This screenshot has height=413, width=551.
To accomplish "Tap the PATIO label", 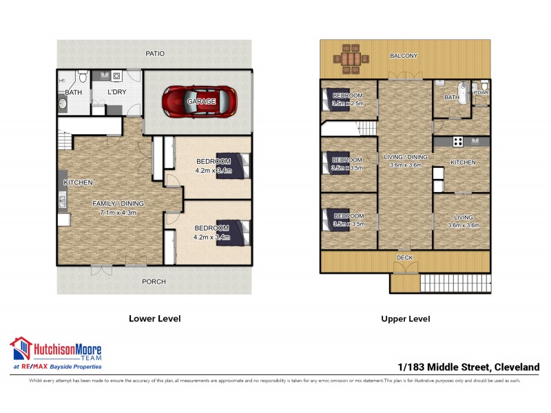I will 155,53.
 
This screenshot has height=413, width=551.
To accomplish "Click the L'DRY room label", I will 115,92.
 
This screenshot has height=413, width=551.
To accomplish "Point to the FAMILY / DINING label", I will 119,203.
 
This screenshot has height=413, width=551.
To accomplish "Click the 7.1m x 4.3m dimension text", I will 119,212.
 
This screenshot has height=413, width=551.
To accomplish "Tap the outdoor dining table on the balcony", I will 350,59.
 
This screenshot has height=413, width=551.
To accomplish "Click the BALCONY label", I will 404,56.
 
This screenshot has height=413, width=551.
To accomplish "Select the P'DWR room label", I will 480,92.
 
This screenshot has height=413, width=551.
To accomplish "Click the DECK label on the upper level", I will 405,258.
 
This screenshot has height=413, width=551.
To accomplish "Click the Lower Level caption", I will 155,319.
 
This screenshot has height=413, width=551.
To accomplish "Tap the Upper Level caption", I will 406,319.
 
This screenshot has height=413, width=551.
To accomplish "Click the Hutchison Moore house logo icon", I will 20,348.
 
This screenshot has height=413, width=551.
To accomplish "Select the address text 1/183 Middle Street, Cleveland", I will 469,367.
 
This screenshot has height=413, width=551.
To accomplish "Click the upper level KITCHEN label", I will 463,162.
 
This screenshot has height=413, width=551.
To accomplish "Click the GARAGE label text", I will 202,101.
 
